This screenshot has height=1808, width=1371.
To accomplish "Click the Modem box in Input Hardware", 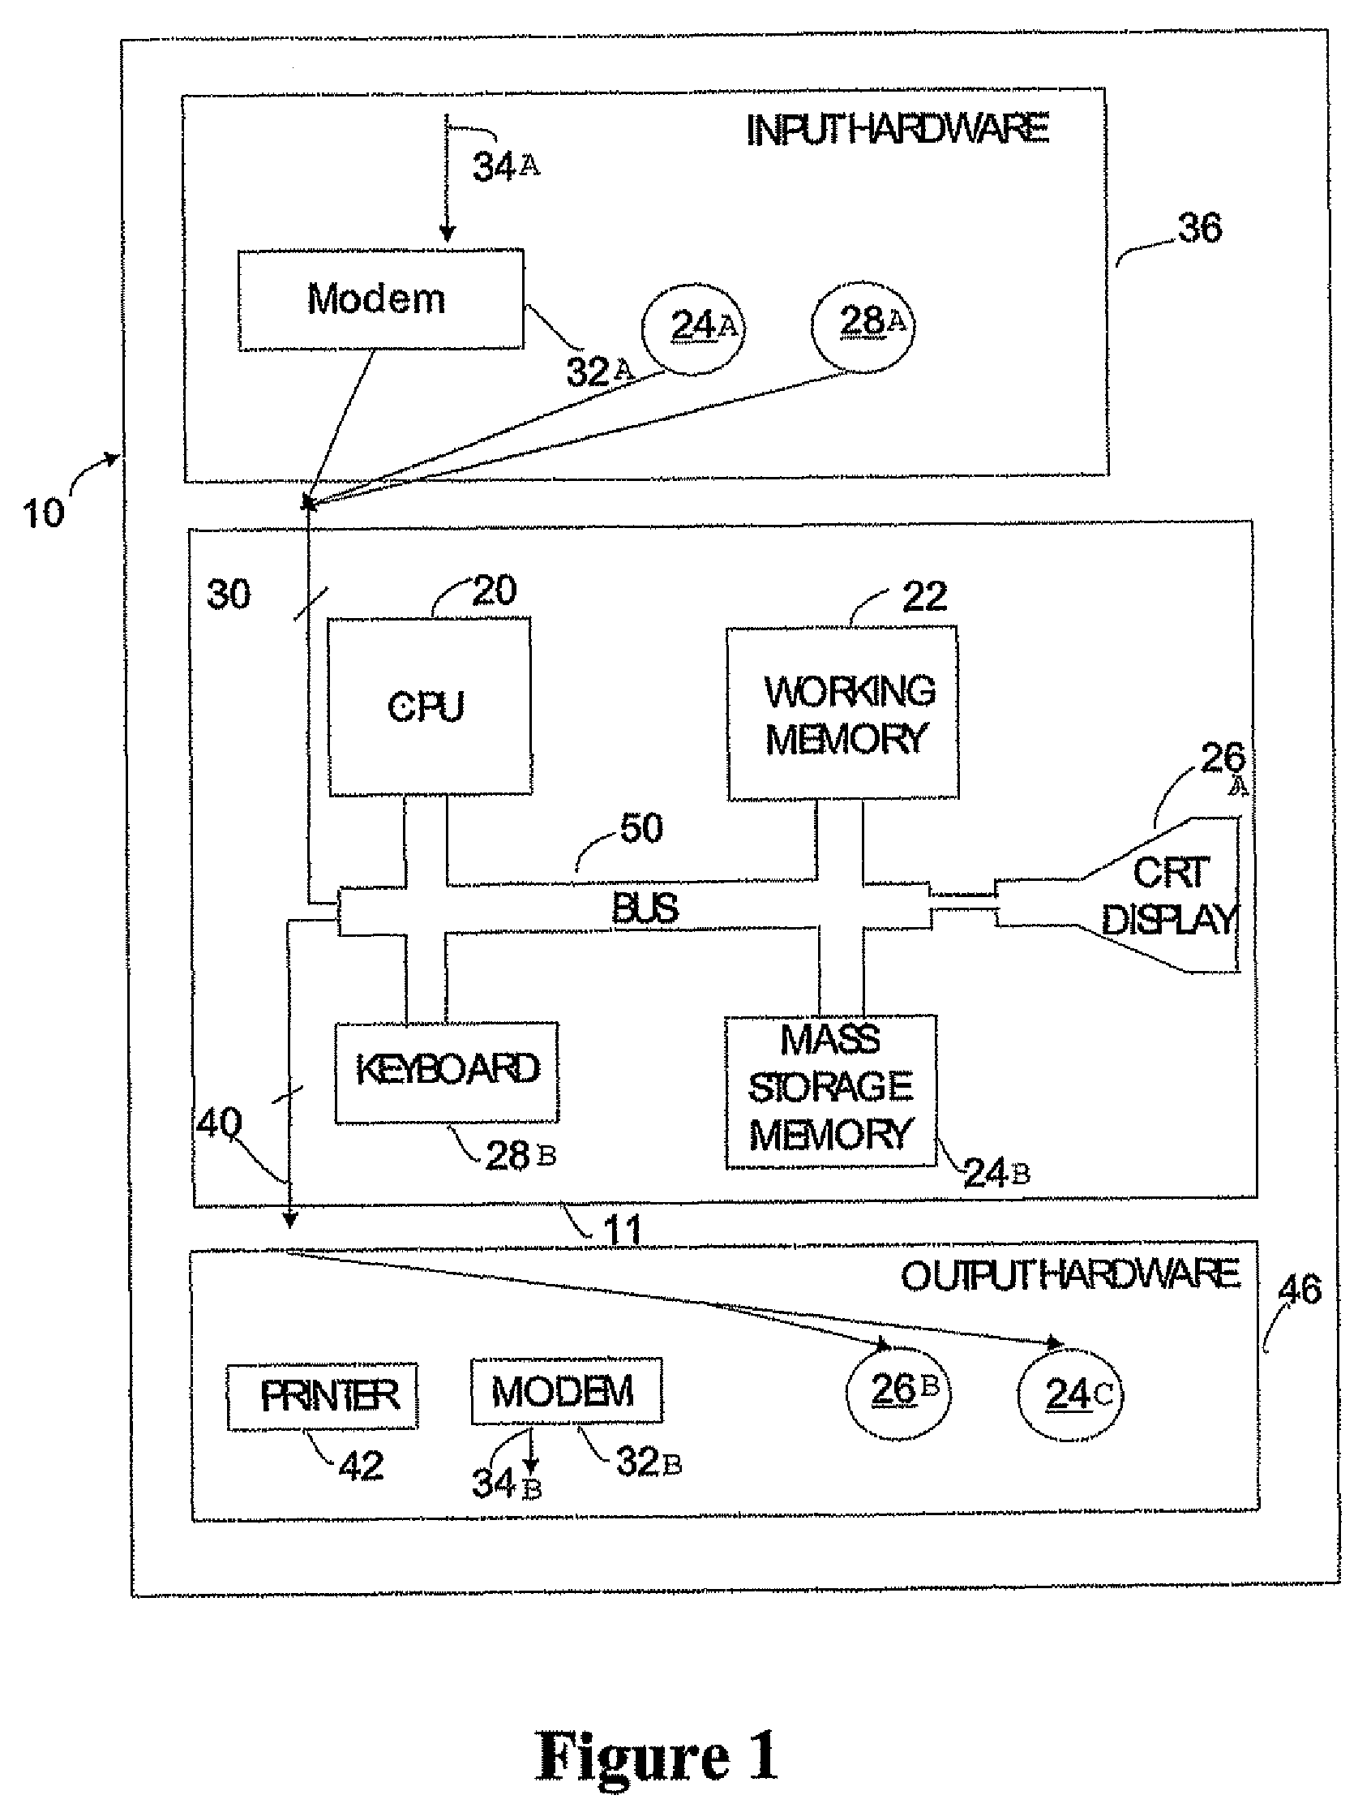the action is (381, 300).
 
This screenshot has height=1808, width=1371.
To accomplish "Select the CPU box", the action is (430, 706).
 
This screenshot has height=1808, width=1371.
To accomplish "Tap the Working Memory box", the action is (842, 713).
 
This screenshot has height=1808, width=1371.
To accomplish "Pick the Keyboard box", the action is (447, 1072).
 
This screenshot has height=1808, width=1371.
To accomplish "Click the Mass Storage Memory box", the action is (831, 1091).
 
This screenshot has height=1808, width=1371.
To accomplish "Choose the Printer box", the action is (322, 1395).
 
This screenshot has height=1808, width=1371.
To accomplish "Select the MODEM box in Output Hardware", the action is (566, 1390).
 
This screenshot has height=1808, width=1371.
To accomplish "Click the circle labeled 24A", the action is (695, 329).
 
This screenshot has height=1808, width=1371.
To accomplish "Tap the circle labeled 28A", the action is (863, 324).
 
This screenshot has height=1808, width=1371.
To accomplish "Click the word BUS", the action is (645, 909).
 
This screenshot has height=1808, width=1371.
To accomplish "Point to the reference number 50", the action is (641, 828).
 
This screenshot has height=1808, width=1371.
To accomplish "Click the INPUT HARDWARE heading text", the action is (898, 130).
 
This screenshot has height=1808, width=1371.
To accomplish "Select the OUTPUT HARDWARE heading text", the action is (1070, 1276).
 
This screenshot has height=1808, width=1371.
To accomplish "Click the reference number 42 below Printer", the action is (361, 1466).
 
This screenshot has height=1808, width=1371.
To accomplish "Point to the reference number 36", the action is (1199, 228).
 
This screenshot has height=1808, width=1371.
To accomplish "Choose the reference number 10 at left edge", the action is (42, 513).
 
